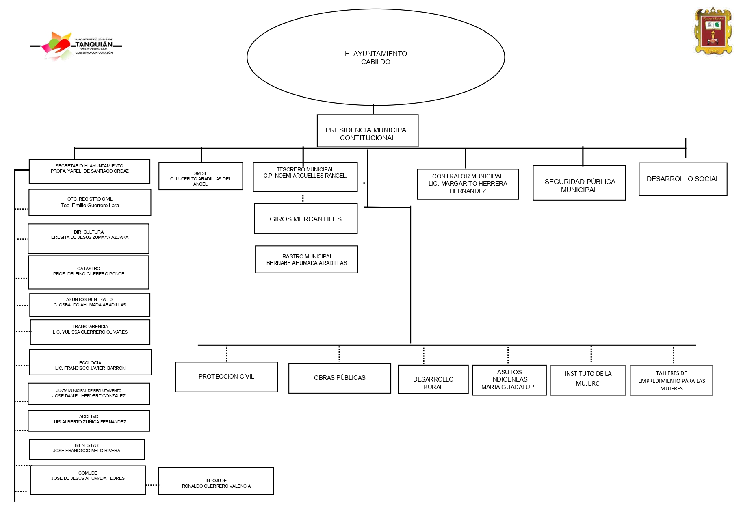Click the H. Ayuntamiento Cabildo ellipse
(375, 57)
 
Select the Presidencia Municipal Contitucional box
(367, 131)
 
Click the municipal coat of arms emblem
(713, 31)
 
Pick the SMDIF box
(201, 176)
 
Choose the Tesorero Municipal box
(305, 177)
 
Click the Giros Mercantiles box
(305, 219)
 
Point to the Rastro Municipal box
(306, 259)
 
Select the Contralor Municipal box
(468, 184)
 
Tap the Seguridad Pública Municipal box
(579, 183)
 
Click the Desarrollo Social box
(682, 179)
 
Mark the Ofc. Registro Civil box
(90, 202)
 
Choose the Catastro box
(89, 272)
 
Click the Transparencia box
(90, 332)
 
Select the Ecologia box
(90, 362)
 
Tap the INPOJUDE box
(216, 481)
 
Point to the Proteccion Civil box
(226, 377)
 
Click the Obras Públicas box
(340, 378)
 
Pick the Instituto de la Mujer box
(587, 380)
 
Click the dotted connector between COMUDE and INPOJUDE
(152, 485)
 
